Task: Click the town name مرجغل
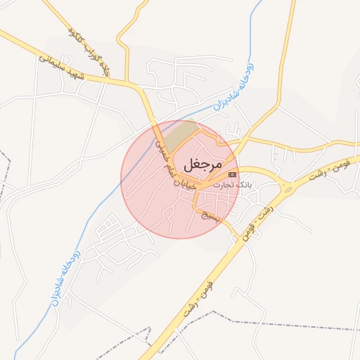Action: [202, 164]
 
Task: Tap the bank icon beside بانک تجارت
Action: [233, 175]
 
